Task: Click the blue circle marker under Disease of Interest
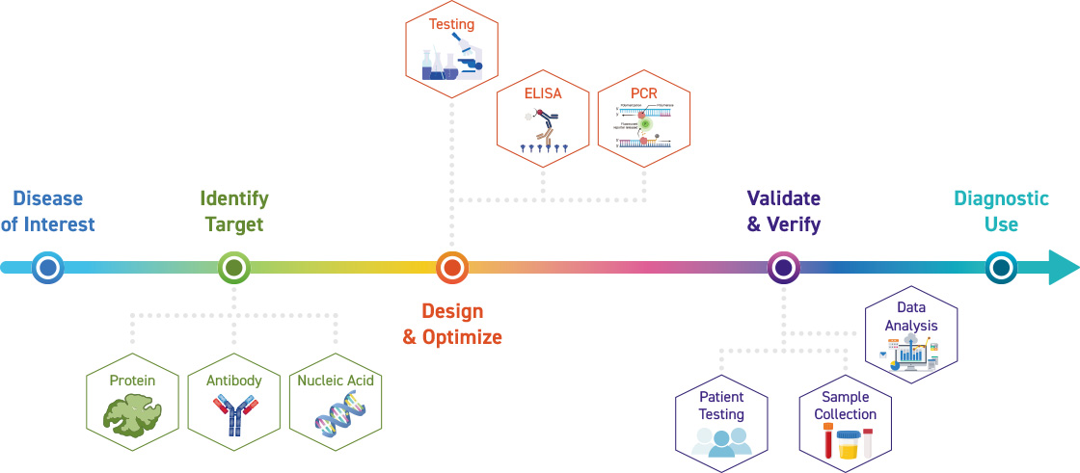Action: pos(47,267)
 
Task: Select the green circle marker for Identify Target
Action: pos(233,267)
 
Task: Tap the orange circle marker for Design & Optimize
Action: pos(451,267)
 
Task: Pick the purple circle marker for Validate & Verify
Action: pos(783,267)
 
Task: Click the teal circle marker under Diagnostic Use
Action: pos(1002,267)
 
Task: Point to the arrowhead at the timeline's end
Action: pos(1063,267)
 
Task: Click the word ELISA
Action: pos(542,94)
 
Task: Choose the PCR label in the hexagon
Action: pos(643,94)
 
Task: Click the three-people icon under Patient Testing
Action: pos(721,439)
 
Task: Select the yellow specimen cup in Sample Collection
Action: pos(848,444)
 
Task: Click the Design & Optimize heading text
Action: pos(452,325)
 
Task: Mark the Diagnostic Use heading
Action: pos(1001,211)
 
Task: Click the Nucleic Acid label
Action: pos(335,381)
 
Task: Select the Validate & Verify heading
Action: pos(783,211)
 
